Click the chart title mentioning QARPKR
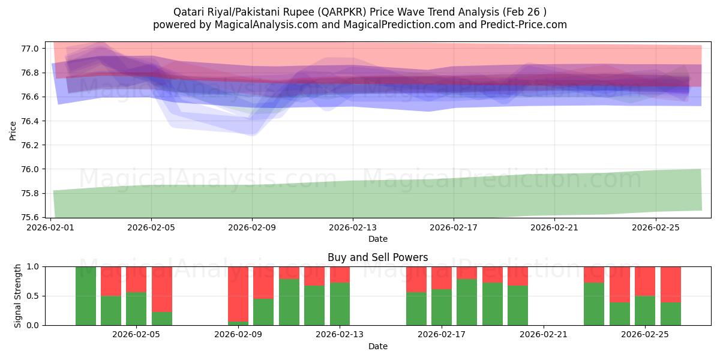tap(359, 11)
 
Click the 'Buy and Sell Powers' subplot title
tap(377, 257)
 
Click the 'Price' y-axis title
tap(13, 130)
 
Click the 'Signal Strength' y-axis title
tap(18, 295)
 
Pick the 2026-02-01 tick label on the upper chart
tap(50, 227)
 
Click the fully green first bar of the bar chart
tap(86, 296)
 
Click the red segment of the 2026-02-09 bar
tap(238, 293)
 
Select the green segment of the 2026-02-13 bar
tap(340, 304)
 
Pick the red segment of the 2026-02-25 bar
tap(645, 281)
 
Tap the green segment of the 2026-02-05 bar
tap(136, 309)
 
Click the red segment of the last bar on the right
tap(670, 284)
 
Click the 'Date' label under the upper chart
tap(377, 239)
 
